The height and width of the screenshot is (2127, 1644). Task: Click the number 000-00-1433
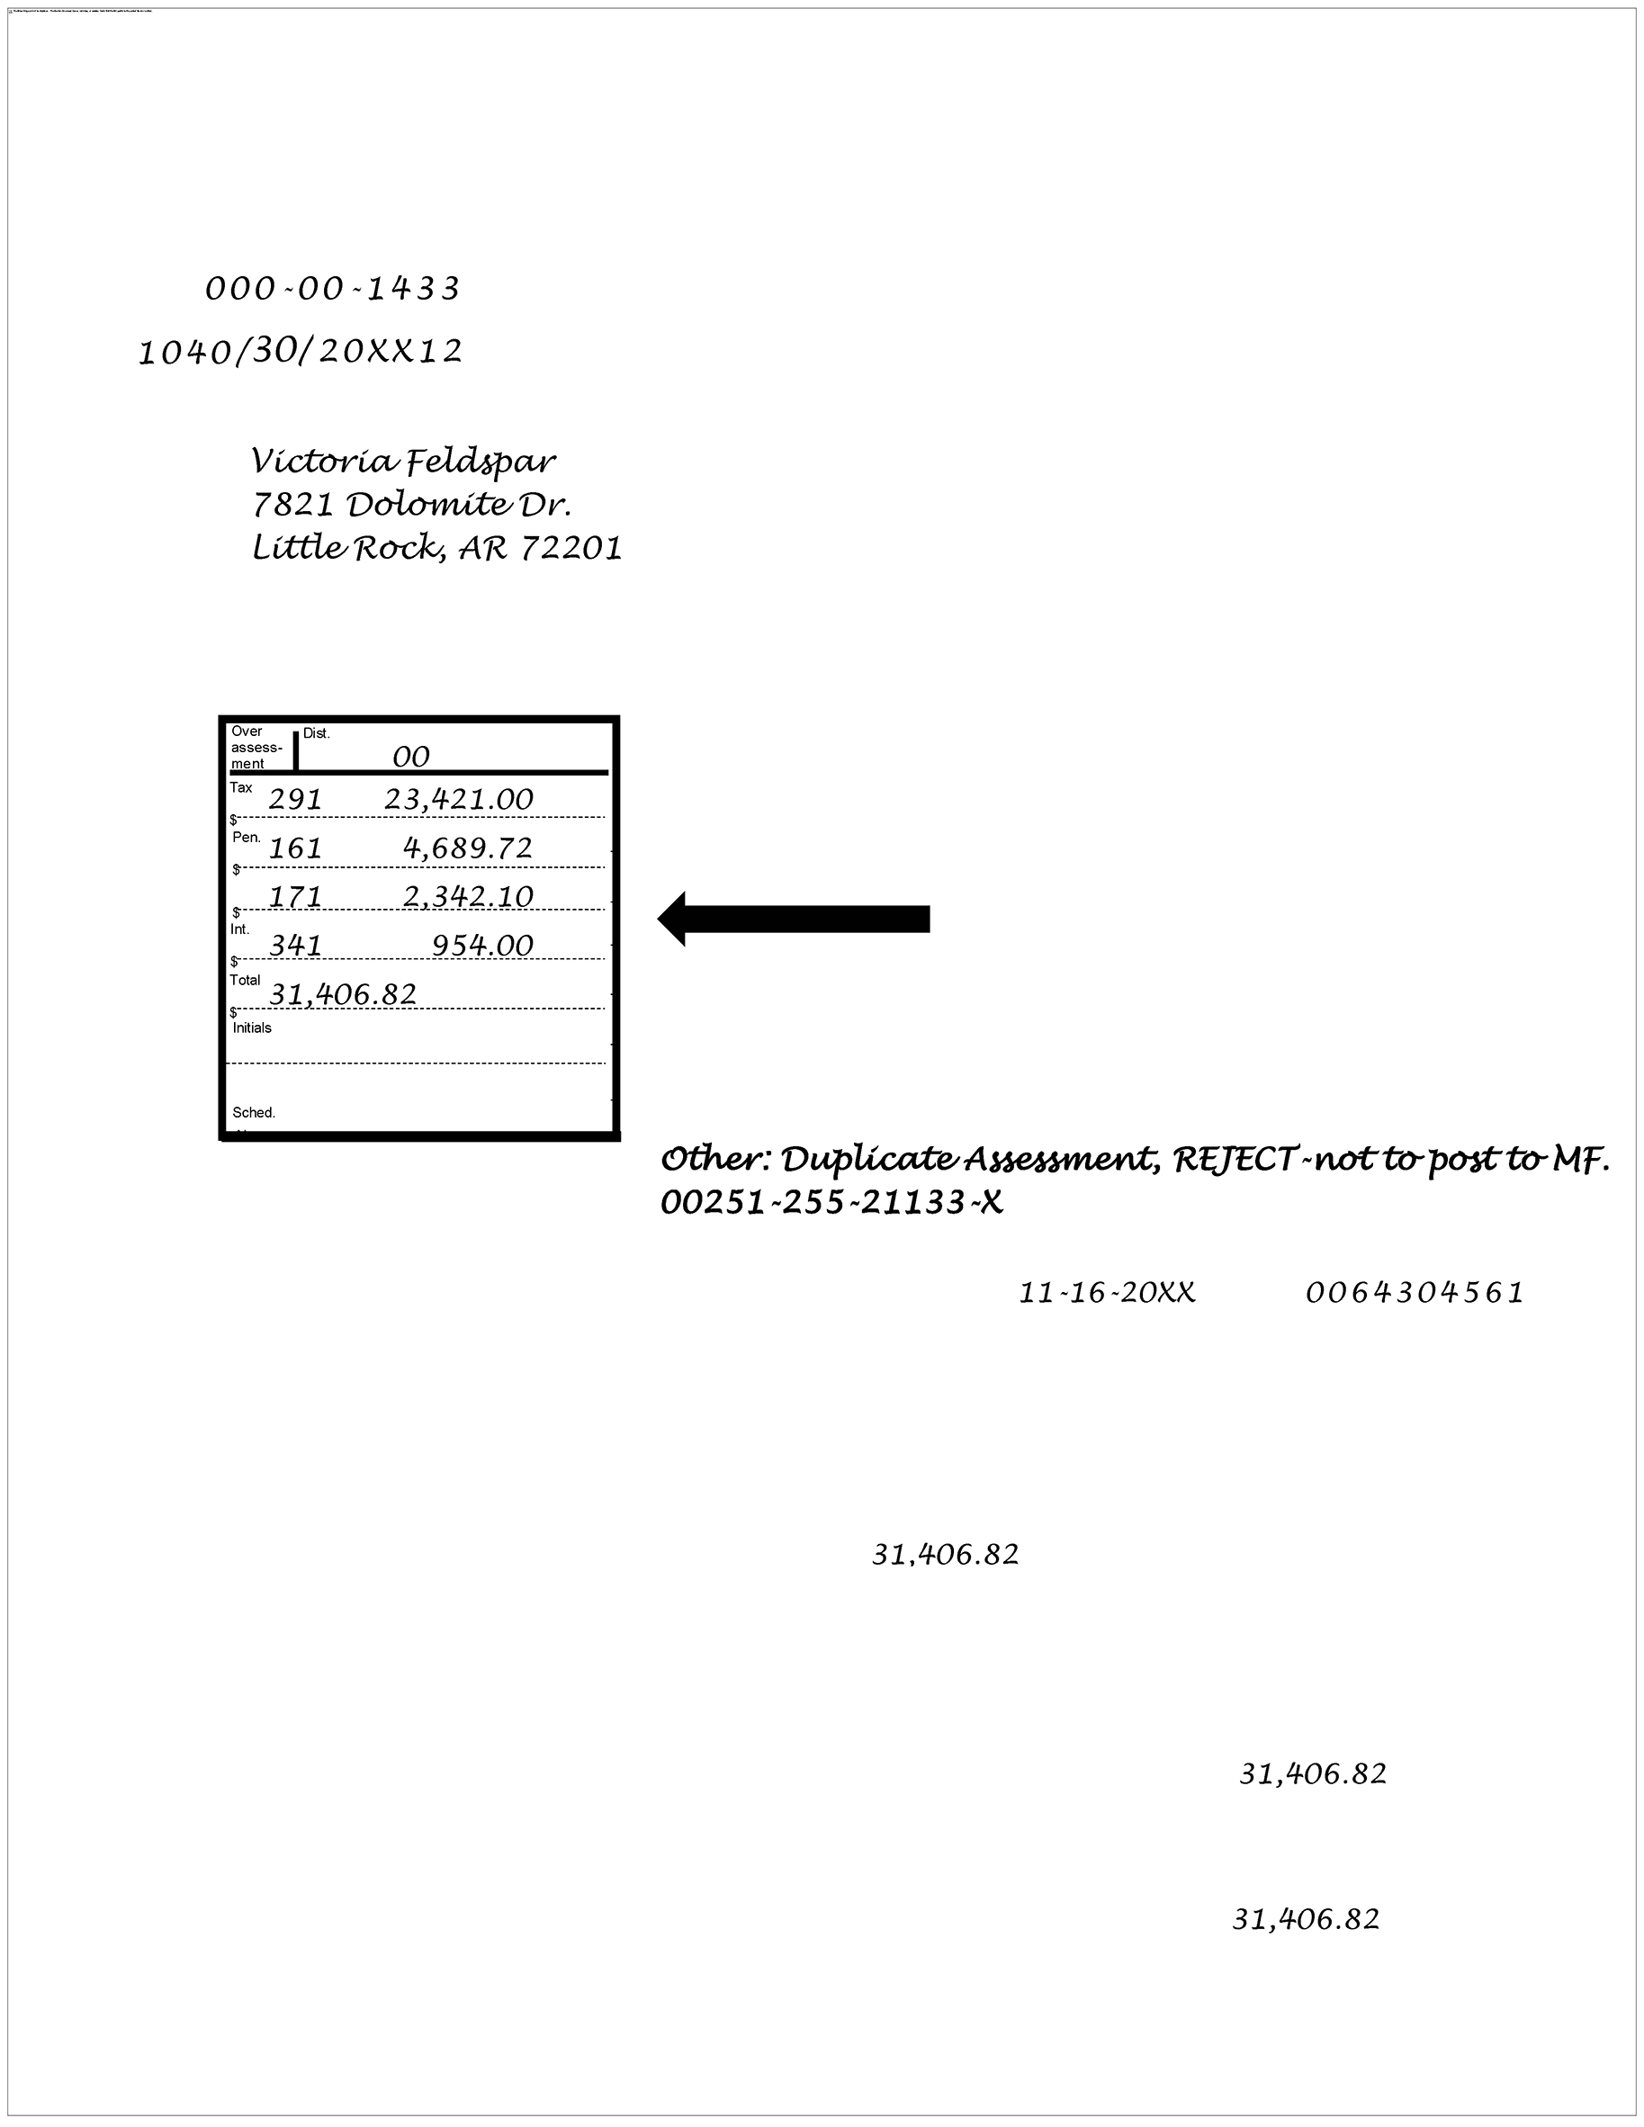pos(332,289)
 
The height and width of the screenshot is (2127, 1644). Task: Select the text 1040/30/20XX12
pos(300,352)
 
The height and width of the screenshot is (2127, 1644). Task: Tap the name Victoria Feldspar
pos(403,461)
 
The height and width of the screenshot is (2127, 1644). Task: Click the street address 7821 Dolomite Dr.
pos(411,505)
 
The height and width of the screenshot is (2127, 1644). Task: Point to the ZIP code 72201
pos(571,548)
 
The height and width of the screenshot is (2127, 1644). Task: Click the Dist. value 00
pos(411,757)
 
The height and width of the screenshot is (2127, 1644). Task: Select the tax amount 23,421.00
pos(459,800)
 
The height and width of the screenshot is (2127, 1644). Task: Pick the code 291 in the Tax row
pos(295,800)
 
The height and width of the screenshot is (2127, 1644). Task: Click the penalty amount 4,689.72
pos(469,848)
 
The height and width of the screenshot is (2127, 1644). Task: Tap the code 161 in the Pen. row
pos(295,848)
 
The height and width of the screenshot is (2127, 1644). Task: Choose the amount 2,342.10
pos(469,896)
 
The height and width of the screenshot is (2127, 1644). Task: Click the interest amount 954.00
pos(483,945)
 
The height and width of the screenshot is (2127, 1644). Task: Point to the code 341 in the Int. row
pos(295,945)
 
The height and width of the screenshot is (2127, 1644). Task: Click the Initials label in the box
pos(252,1028)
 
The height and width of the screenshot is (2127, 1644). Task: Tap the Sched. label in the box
pos(253,1112)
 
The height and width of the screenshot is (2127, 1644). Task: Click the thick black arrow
pos(794,919)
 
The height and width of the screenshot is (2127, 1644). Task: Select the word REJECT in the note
pos(1234,1160)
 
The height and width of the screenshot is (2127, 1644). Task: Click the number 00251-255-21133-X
pos(831,1204)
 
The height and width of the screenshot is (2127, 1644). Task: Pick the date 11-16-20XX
pos(1108,1293)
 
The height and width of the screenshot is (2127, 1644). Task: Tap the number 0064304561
pos(1415,1293)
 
